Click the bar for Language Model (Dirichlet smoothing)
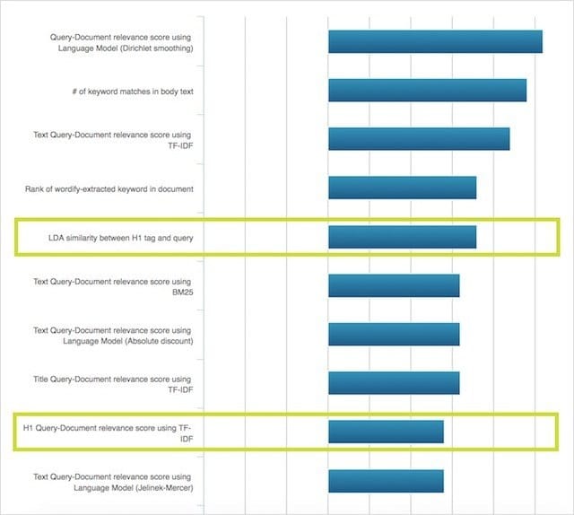(435, 42)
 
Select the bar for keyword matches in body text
(427, 91)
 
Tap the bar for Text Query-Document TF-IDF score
(419, 139)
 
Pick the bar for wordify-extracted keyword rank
(402, 188)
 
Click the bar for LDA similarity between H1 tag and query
(402, 237)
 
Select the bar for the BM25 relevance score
(394, 285)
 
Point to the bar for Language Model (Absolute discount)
(394, 334)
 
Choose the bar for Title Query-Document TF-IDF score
(394, 383)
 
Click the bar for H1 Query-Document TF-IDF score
(386, 432)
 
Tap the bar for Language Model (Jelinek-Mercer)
(386, 481)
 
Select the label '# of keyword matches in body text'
(135, 91)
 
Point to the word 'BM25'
(182, 292)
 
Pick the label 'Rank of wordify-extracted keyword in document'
(109, 188)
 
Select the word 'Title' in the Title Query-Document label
(42, 379)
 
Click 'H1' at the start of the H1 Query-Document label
(29, 427)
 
